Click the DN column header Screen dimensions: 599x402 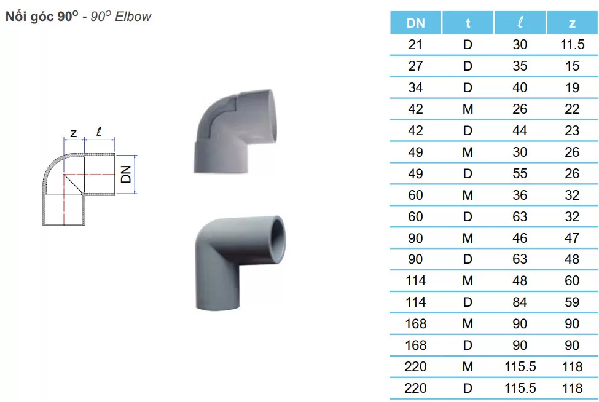click(x=416, y=23)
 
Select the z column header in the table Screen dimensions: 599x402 click(x=572, y=23)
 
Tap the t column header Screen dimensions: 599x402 click(x=468, y=23)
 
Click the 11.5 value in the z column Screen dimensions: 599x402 click(x=572, y=44)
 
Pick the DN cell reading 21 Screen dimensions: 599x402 click(x=415, y=44)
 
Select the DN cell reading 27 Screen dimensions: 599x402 click(x=415, y=66)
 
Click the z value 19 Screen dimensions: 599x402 click(x=572, y=87)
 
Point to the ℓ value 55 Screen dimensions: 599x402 click(x=520, y=173)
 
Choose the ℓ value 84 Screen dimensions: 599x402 click(x=520, y=302)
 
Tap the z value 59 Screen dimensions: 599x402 click(x=572, y=302)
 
